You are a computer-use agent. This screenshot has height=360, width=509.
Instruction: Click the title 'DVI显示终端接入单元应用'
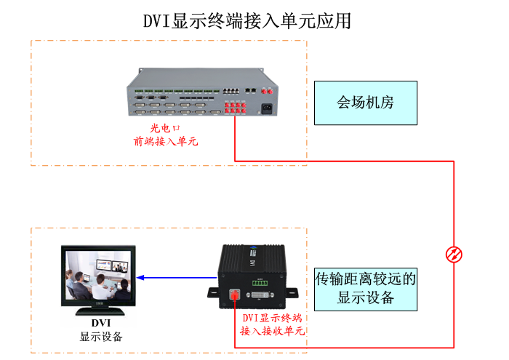[248, 20]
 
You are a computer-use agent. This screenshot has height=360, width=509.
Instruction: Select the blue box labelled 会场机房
[366, 103]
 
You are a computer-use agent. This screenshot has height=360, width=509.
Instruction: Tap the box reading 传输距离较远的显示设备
[366, 288]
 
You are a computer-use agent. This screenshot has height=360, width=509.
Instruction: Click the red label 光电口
[160, 129]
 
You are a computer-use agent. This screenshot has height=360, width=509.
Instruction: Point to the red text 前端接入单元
[165, 142]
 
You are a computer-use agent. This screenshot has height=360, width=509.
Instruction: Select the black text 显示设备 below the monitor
[101, 337]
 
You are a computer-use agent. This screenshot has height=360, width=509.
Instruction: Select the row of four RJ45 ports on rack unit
[231, 92]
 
